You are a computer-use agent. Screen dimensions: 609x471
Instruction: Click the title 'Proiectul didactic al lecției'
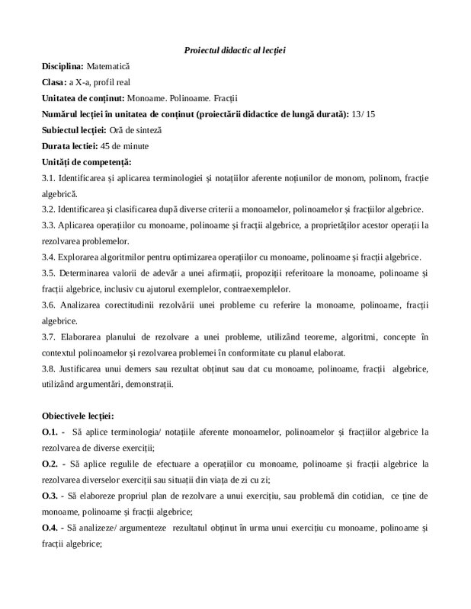pyautogui.click(x=235, y=49)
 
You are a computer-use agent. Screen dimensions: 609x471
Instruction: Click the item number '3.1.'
pyautogui.click(x=50, y=178)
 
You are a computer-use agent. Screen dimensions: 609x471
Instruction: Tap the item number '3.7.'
pyautogui.click(x=50, y=336)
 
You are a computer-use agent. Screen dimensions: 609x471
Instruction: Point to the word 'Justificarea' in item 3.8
pyautogui.click(x=82, y=368)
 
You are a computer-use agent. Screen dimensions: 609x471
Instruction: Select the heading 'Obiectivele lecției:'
pyautogui.click(x=78, y=416)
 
